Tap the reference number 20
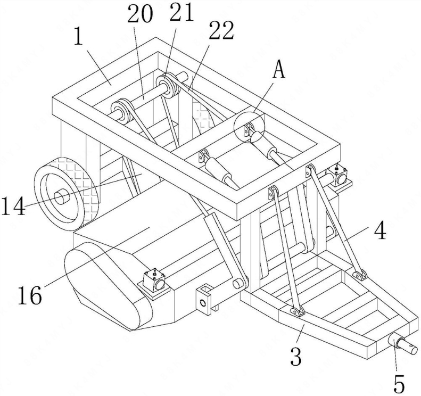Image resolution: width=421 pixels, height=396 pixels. tap(140, 14)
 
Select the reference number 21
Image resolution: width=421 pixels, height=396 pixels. tap(182, 12)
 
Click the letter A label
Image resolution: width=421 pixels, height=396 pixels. tap(279, 69)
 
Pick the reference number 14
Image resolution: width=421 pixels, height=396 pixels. tap(13, 205)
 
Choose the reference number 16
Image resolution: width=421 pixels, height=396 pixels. tap(30, 295)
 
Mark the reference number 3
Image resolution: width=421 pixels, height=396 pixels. tap(296, 356)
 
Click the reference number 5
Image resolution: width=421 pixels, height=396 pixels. tap(399, 384)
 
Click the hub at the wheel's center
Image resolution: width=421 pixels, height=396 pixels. tap(62, 196)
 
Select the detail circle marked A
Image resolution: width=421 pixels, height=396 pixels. tap(249, 127)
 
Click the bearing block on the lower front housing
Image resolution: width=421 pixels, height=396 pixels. tap(153, 284)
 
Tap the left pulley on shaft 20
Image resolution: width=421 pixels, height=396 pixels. tap(123, 111)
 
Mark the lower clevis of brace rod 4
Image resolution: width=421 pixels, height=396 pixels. tap(360, 275)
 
